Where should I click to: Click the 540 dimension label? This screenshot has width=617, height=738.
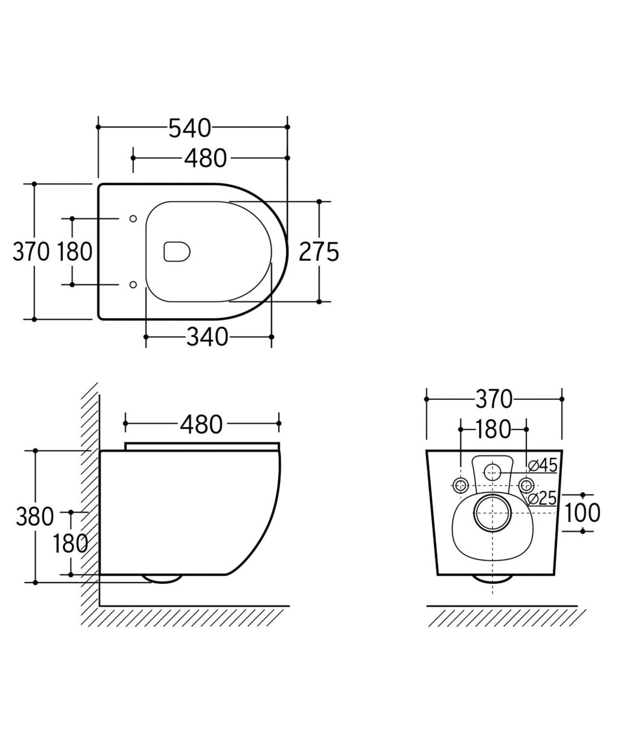189,128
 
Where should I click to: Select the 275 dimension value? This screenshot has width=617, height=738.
319,252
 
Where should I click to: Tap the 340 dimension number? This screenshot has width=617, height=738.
207,337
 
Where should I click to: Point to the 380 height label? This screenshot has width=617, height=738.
34,517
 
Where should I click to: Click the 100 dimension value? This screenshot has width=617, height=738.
583,513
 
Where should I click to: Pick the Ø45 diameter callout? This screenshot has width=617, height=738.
543,465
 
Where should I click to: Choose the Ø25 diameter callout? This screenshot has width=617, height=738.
543,498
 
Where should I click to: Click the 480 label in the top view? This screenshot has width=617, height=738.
205,158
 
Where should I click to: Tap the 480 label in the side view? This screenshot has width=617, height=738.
201,425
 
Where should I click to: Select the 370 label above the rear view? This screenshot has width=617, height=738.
494,399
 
